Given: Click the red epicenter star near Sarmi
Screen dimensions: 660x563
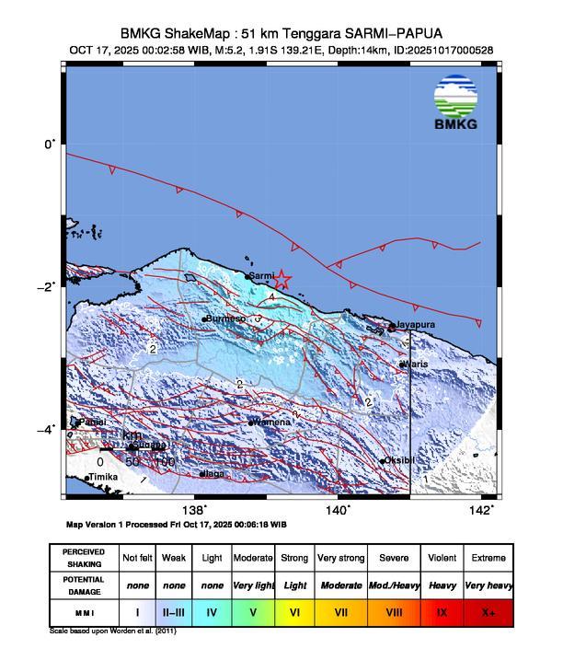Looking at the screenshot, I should point(282,280).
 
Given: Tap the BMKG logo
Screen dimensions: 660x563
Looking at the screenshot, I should point(455,104).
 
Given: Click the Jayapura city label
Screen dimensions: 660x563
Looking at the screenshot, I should point(413,325).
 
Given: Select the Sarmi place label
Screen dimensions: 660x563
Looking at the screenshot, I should point(262,275).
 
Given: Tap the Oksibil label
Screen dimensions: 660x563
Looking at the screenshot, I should point(401,460).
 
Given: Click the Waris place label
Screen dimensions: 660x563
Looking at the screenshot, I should point(415,365).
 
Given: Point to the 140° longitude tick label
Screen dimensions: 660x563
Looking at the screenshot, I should point(337,509).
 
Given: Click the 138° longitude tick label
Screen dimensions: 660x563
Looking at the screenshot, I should point(193,509).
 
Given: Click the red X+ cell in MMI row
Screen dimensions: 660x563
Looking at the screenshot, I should point(488,610).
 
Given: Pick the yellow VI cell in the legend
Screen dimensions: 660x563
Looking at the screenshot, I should point(295,610).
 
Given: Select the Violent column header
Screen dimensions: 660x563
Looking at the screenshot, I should point(440,558).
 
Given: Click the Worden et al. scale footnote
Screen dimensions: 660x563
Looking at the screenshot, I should point(112,631).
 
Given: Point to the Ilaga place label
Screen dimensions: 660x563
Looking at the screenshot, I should point(213,474).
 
